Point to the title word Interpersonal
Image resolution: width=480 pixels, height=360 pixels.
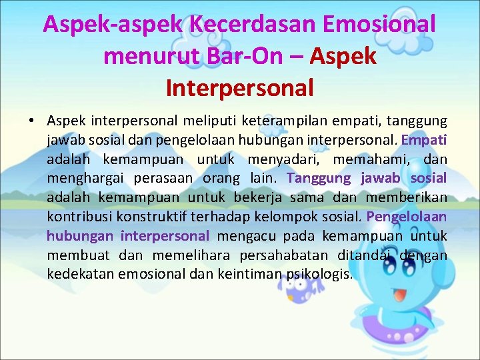(239, 87)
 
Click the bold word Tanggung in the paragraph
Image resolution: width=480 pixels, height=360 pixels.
(319, 179)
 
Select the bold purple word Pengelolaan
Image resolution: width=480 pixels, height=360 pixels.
(407, 217)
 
